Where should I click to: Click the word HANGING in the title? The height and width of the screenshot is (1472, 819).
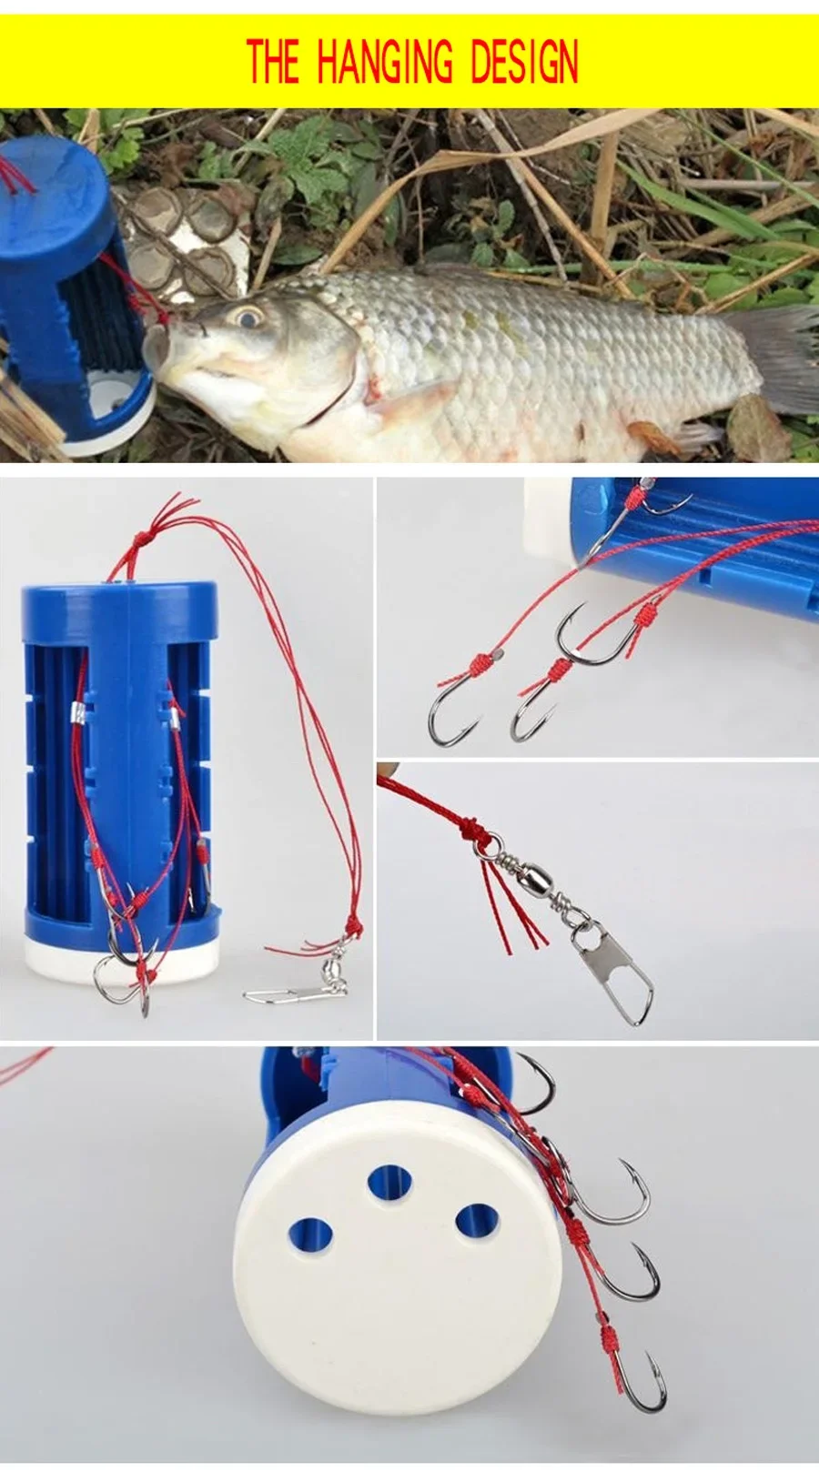point(385,61)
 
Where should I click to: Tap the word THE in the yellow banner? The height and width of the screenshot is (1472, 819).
point(273,61)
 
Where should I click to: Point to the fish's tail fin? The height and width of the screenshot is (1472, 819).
point(779,358)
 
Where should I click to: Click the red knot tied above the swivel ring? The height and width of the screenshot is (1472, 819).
point(471,832)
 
